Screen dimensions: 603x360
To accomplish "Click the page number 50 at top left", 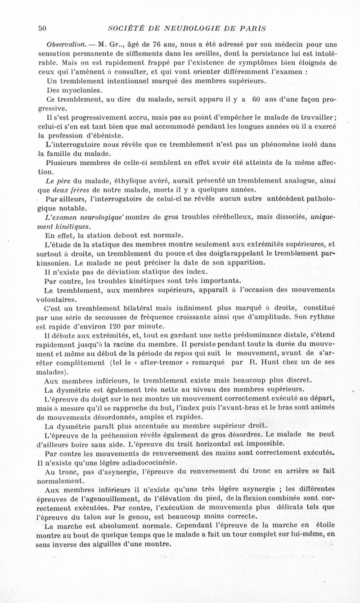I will (x=43, y=28).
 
